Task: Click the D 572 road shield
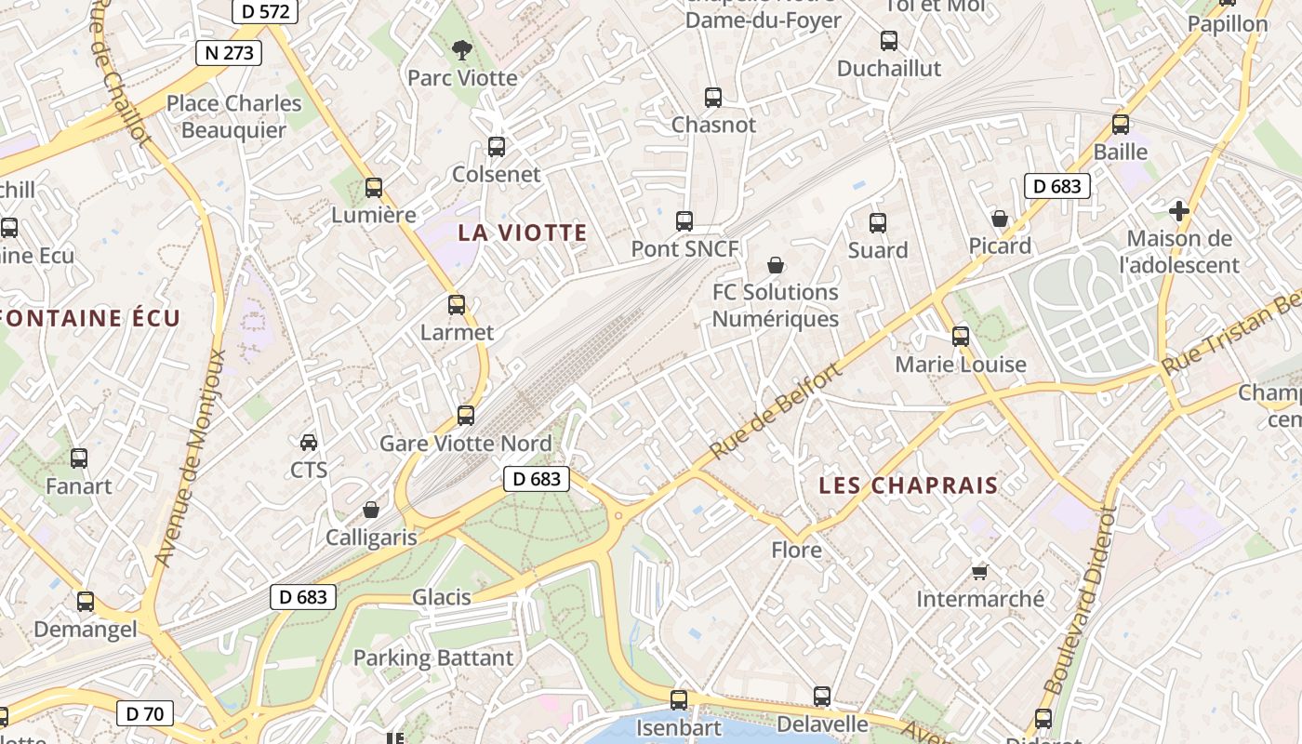[x=265, y=12]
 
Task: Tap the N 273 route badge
[x=228, y=52]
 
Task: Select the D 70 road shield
[x=144, y=714]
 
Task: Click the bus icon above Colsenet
[x=497, y=147]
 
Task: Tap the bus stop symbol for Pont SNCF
[x=684, y=221]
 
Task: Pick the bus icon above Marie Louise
[x=961, y=337]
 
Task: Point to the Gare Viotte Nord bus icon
[x=466, y=416]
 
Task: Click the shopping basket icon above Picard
[x=1000, y=219]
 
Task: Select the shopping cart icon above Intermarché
[x=979, y=571]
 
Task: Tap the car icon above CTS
[x=309, y=442]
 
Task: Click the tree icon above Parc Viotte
[x=461, y=50]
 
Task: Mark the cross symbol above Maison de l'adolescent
[x=1179, y=211]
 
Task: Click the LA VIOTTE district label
[x=523, y=233]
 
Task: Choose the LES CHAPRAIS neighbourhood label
[x=909, y=485]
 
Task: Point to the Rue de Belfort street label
[x=775, y=410]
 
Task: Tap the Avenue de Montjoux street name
[x=191, y=458]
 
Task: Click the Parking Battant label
[x=433, y=658]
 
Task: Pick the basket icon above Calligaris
[x=371, y=510]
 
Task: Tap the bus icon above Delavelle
[x=822, y=697]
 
